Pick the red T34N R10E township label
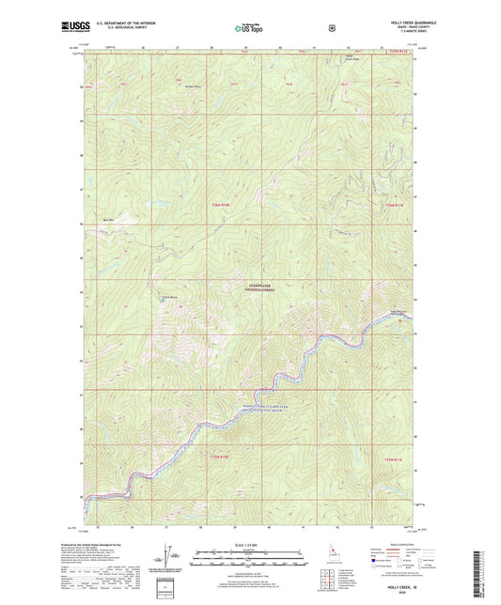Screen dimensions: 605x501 [x=219, y=457]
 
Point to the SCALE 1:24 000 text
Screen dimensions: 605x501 [x=248, y=545]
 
